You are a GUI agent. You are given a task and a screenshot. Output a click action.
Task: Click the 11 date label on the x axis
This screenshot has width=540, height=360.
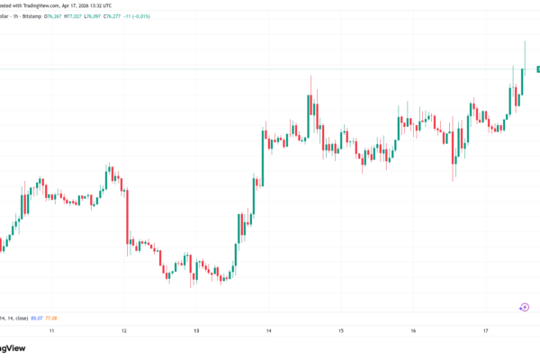tap(52, 331)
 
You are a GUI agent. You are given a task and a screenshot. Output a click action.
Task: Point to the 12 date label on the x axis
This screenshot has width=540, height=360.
tap(124, 331)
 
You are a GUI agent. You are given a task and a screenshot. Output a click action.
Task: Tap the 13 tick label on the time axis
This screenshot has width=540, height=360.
tap(196, 331)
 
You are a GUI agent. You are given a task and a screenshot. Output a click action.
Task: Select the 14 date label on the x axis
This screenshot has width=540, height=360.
tap(269, 331)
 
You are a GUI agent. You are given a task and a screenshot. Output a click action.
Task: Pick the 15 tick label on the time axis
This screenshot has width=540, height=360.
tap(341, 331)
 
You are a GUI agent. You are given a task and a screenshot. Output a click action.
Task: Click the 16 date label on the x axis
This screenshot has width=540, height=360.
tap(413, 331)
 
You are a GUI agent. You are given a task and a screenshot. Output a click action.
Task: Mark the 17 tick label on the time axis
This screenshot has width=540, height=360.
tap(485, 331)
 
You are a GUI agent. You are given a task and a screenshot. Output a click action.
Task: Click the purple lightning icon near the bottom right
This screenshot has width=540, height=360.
tap(524, 307)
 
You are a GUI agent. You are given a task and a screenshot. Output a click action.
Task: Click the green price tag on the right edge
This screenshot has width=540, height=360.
tap(537, 69)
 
